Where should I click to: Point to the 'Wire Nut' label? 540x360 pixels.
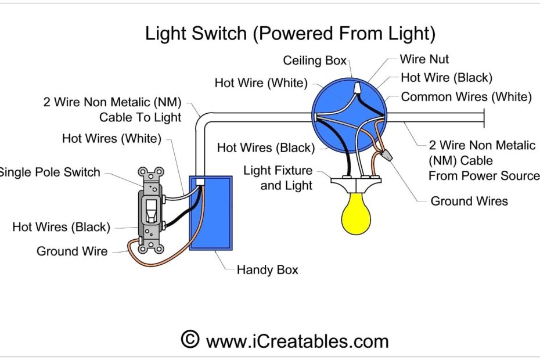(424, 59)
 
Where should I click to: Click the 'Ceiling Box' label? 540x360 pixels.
(314, 60)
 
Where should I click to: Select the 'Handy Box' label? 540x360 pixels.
(267, 270)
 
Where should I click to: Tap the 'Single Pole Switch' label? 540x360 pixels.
(50, 172)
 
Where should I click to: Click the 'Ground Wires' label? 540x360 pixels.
(469, 201)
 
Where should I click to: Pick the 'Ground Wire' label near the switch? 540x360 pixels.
(72, 251)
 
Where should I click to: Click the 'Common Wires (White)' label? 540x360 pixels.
(466, 97)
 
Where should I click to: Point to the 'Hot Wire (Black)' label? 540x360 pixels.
(446, 78)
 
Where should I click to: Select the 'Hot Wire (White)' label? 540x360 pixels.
(261, 83)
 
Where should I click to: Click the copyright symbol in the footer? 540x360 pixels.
(189, 340)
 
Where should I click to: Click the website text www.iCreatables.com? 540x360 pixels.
(297, 341)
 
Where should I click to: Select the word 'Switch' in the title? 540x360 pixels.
(221, 34)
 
